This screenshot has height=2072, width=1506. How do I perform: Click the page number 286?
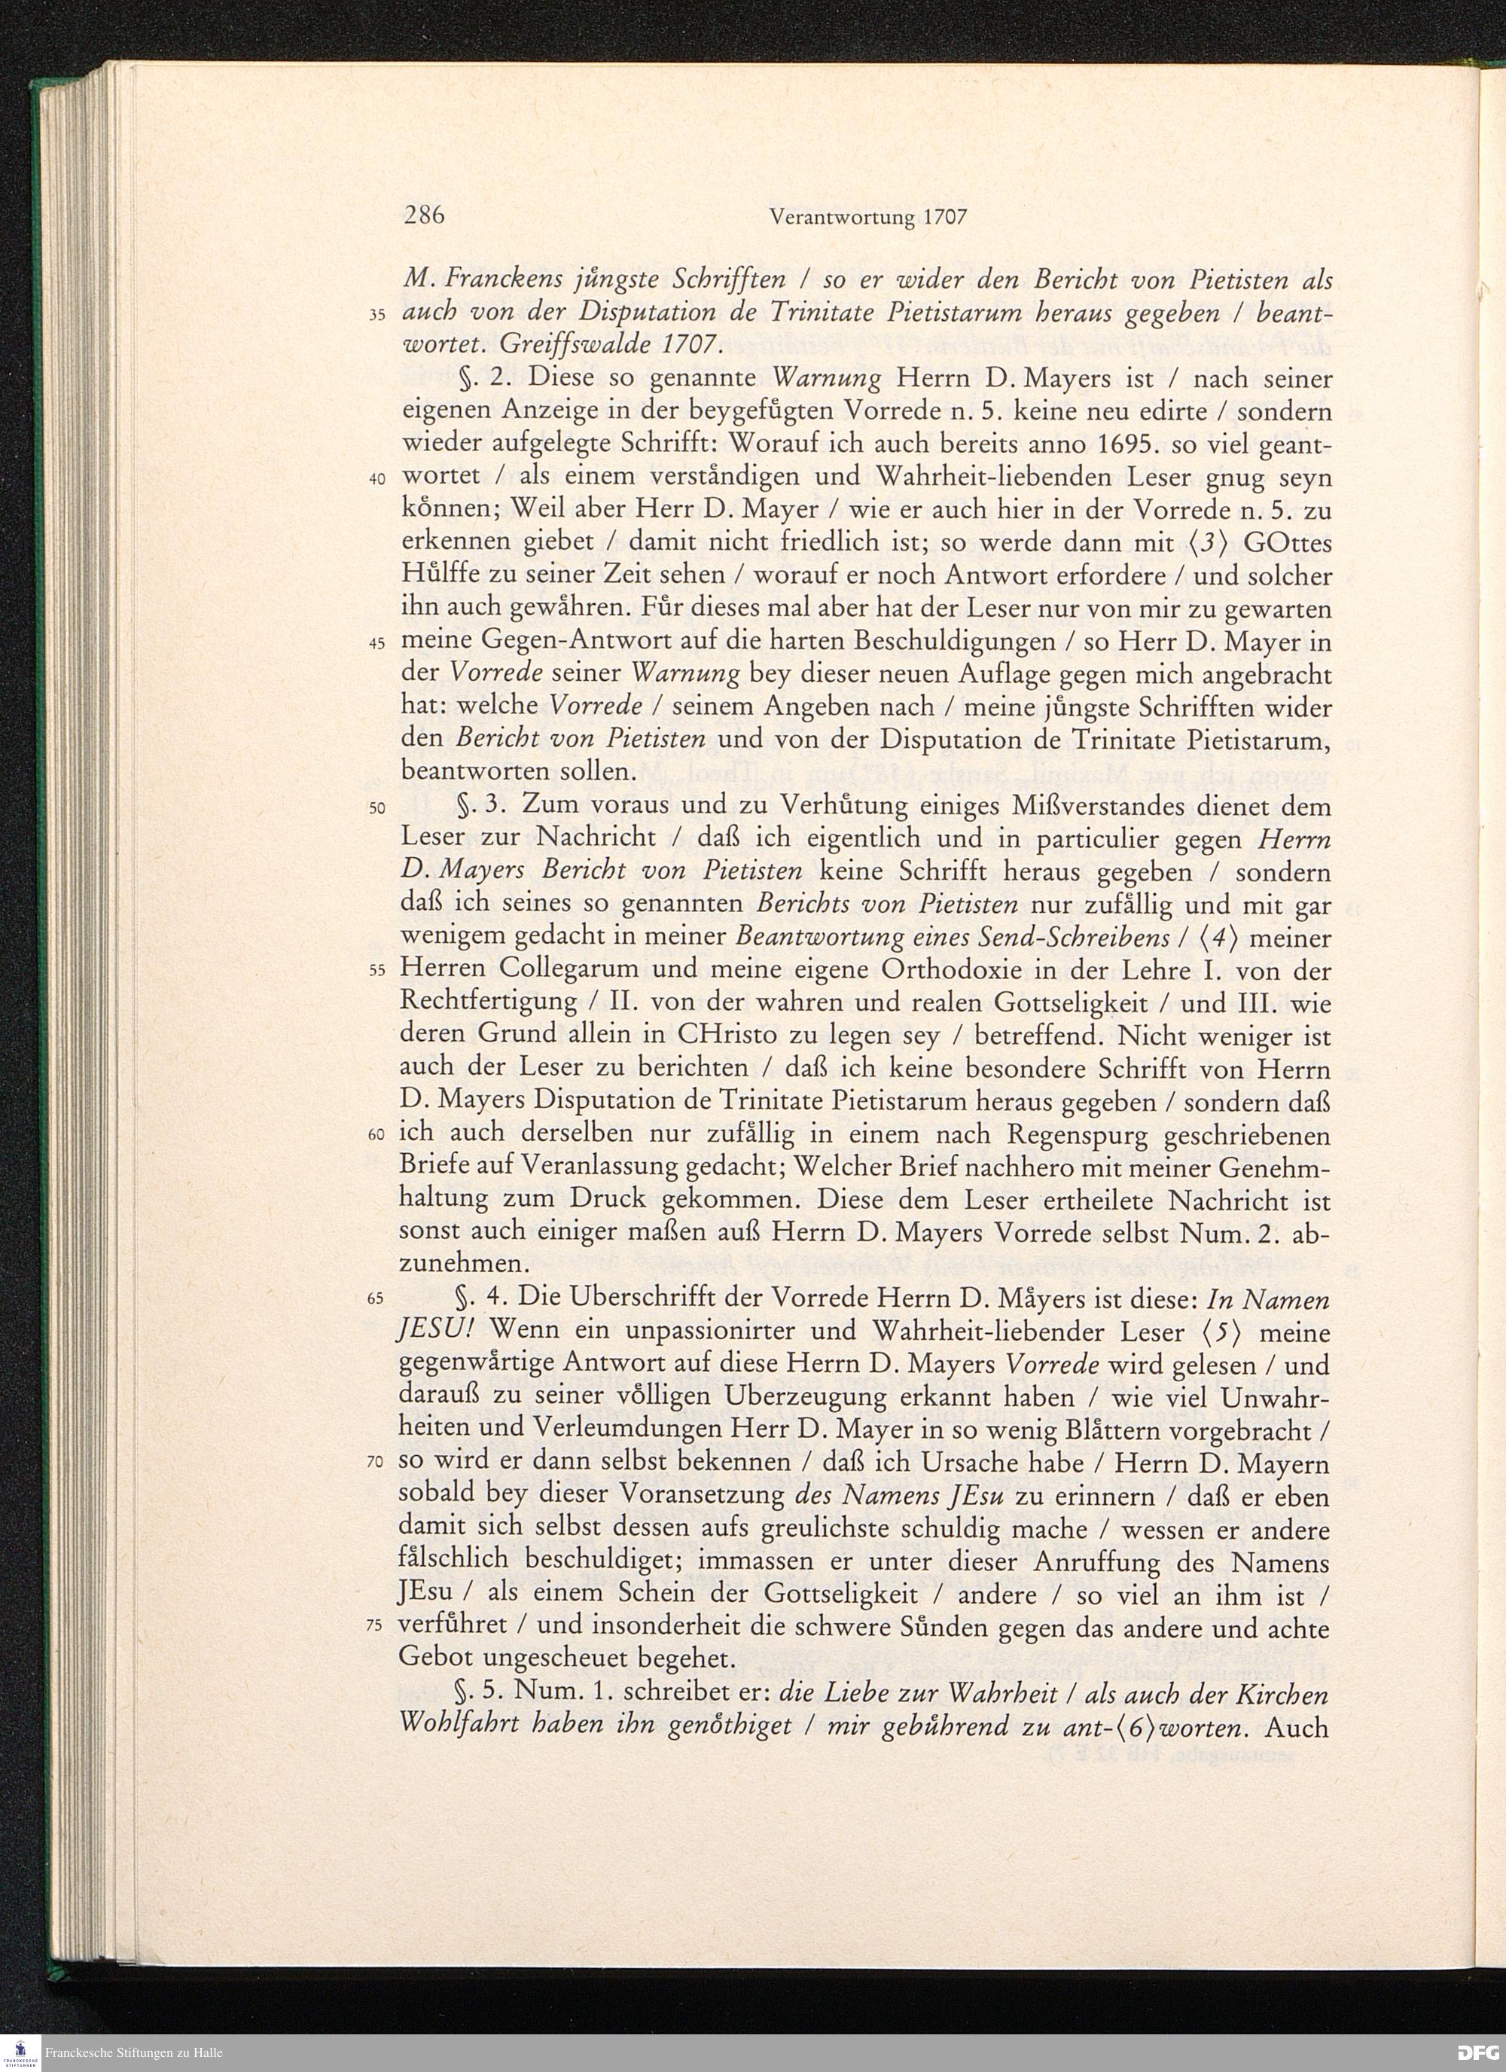[424, 216]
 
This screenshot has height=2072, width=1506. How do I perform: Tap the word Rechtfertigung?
[489, 1003]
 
